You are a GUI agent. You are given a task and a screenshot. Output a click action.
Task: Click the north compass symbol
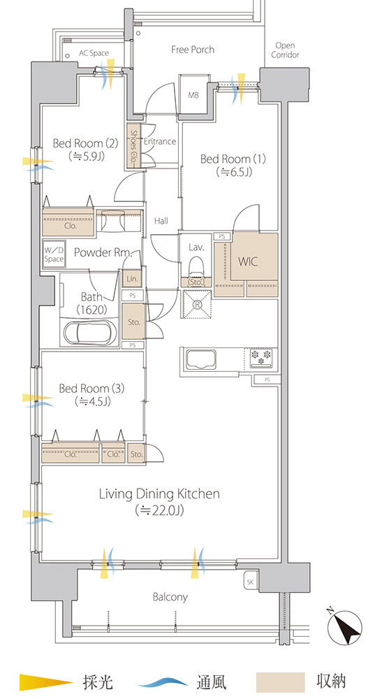pos(344,628)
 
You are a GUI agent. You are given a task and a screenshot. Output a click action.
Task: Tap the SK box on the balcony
pos(250,582)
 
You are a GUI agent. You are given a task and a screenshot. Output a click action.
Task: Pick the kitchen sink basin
pos(201,359)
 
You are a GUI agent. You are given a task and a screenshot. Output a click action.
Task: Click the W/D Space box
pos(54,254)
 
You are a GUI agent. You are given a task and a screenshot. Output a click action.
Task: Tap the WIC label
pos(248,261)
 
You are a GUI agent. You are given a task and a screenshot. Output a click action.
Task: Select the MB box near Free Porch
pos(193,95)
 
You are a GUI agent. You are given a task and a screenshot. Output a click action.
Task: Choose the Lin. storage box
pos(132,279)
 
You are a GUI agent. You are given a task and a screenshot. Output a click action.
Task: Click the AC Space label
pos(94,53)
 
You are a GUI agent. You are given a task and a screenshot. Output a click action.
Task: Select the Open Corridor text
pos(285,50)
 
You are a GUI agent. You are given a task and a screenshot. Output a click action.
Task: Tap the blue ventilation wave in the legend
pos(163,682)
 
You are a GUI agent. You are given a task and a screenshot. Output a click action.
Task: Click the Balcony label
pos(170,597)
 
